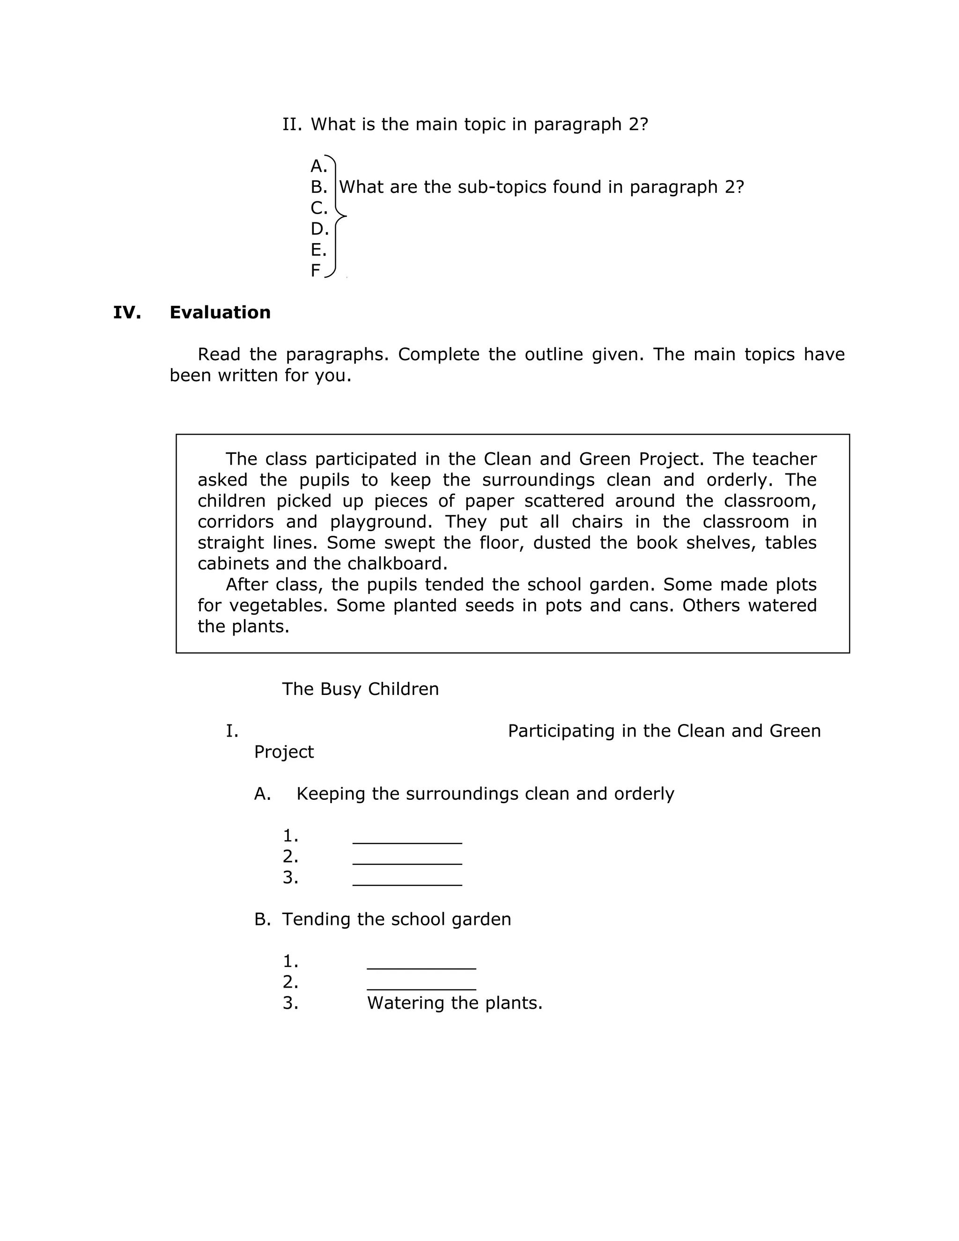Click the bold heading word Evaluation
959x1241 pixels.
(220, 312)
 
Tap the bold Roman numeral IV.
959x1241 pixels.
(127, 312)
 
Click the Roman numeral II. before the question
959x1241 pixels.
(292, 125)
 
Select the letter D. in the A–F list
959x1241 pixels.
(319, 229)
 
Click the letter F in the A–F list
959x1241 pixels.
(315, 271)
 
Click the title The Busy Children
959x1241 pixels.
(360, 689)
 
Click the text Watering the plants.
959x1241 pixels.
(455, 1003)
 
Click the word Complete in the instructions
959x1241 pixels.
(438, 355)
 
